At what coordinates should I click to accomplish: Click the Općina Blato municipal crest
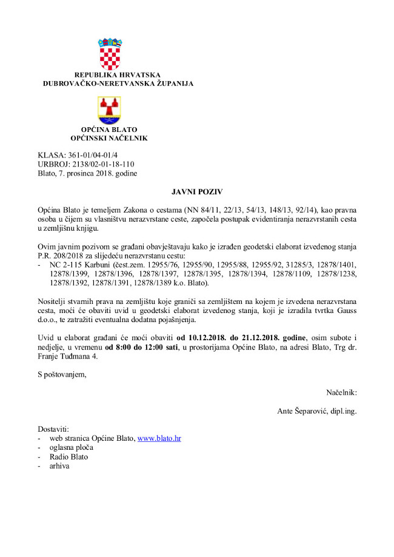(110, 110)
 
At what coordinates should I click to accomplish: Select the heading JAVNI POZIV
(196, 192)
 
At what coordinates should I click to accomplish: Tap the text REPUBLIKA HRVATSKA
(118, 75)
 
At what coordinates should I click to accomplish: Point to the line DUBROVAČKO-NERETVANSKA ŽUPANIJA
(118, 84)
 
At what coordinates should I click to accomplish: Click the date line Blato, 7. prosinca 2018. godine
(87, 173)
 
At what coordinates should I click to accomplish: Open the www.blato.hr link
(159, 438)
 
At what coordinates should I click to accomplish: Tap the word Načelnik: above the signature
(341, 392)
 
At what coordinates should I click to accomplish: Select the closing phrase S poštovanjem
(62, 374)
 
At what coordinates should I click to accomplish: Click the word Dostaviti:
(54, 429)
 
